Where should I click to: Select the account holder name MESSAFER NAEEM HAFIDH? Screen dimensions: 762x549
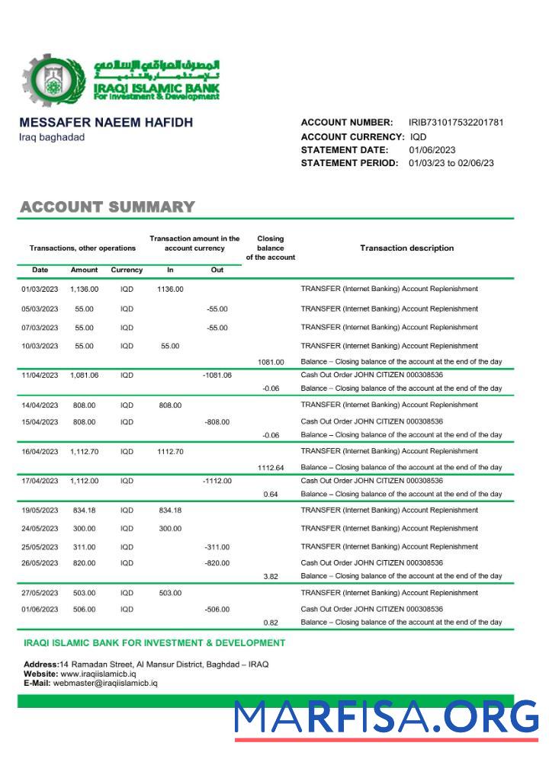106,123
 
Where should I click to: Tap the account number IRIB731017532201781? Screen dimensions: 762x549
456,123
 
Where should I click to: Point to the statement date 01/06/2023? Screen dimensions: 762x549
432,150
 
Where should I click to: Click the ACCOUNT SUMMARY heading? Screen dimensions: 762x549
108,207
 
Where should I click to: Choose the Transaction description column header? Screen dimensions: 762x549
406,248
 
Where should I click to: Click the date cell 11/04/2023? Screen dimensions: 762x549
40,376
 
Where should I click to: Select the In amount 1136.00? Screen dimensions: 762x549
170,290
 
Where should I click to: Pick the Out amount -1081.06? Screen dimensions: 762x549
217,376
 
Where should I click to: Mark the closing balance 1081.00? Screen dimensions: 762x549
271,362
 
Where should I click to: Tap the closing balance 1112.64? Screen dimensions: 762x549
271,468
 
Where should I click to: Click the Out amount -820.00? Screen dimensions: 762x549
217,563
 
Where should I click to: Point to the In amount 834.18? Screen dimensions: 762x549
170,511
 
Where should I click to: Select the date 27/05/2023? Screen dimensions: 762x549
40,593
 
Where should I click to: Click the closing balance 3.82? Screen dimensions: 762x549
271,577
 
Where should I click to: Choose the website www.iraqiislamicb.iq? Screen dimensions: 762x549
98,674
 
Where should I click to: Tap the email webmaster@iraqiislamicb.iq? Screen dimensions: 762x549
105,683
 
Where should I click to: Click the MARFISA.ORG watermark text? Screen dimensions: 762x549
386,717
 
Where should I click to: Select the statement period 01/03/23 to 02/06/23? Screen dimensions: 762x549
451,163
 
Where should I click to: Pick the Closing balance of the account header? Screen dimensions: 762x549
271,248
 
